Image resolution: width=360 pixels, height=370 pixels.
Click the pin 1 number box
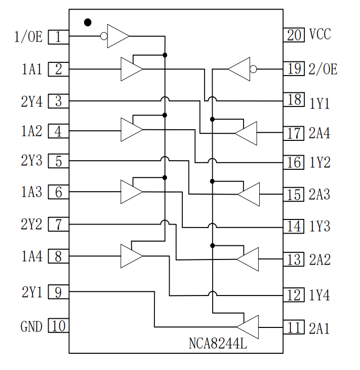(x=58, y=36)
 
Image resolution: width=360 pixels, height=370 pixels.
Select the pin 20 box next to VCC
(x=294, y=34)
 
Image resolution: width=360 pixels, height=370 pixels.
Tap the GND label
(x=31, y=327)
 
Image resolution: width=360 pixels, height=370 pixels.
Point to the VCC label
(x=320, y=34)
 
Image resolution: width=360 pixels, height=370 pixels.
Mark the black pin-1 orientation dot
(x=88, y=22)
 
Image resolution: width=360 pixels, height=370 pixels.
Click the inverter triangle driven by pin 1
(x=117, y=36)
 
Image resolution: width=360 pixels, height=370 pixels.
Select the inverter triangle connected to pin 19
(x=240, y=69)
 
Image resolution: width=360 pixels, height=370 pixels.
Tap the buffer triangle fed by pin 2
(x=131, y=69)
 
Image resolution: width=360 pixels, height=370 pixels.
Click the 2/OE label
(x=323, y=69)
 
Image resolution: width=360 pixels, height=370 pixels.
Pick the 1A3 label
(x=31, y=193)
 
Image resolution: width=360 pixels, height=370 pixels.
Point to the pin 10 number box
(x=58, y=326)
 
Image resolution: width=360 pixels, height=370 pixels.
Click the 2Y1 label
(x=31, y=292)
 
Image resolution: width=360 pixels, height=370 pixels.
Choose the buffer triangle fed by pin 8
(x=131, y=256)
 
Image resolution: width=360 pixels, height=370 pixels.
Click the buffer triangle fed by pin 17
(x=247, y=133)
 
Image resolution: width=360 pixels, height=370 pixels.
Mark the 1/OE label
(x=29, y=37)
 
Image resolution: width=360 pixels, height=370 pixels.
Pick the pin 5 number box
(x=58, y=162)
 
